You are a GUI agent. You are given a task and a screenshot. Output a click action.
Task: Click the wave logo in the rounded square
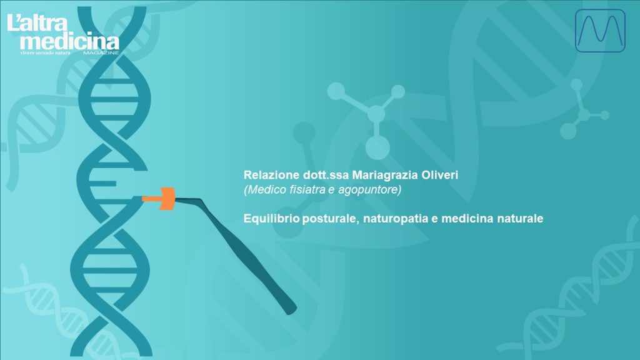pyautogui.click(x=599, y=31)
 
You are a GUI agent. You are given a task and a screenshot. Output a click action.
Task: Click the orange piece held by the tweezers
pyautogui.click(x=161, y=198)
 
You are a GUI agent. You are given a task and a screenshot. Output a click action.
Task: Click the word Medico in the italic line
pyautogui.click(x=262, y=189)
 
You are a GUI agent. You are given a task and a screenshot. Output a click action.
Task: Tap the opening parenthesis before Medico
pyautogui.click(x=245, y=189)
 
